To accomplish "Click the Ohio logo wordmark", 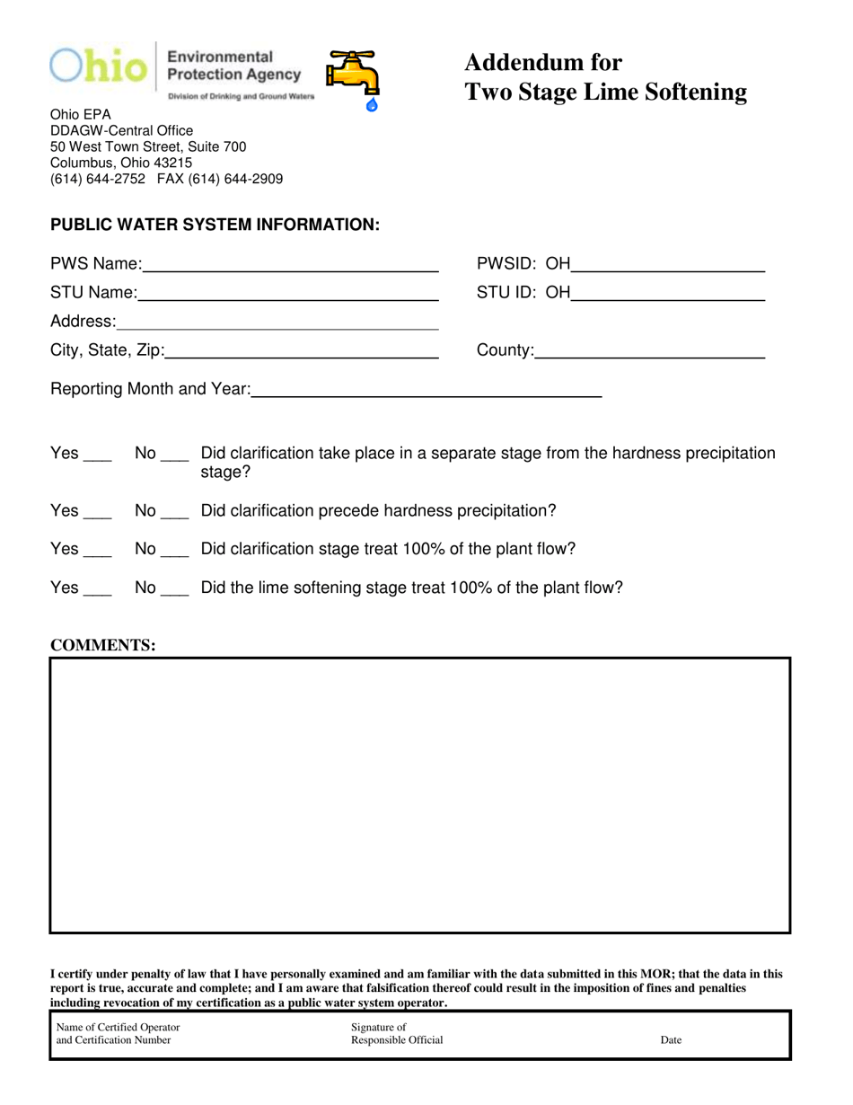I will click(98, 67).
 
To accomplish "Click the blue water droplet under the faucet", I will click(373, 105).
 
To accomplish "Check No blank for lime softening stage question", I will click(174, 592).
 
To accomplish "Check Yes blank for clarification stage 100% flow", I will click(97, 553).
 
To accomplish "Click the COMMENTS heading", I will click(102, 645).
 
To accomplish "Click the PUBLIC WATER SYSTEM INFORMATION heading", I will click(215, 225).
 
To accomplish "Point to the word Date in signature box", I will click(671, 1040).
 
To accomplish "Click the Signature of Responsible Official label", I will click(397, 1034).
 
